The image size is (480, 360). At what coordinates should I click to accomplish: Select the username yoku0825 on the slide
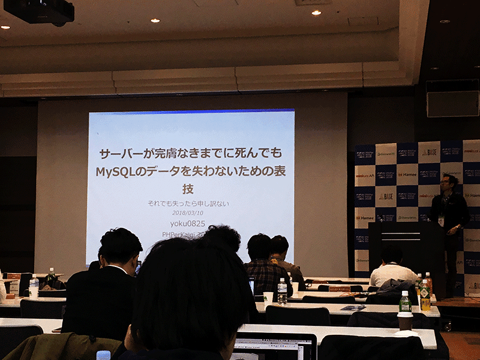[188, 224]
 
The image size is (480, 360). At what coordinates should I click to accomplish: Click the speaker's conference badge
[441, 221]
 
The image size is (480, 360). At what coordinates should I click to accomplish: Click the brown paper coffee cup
[405, 322]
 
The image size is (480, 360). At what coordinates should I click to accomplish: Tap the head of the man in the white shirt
[392, 254]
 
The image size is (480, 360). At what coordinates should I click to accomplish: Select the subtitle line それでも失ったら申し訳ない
[188, 203]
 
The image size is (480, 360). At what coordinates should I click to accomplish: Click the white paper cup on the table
[268, 298]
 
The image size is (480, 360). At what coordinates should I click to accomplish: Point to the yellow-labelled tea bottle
[425, 295]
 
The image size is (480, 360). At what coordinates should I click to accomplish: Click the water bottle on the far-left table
[34, 286]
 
